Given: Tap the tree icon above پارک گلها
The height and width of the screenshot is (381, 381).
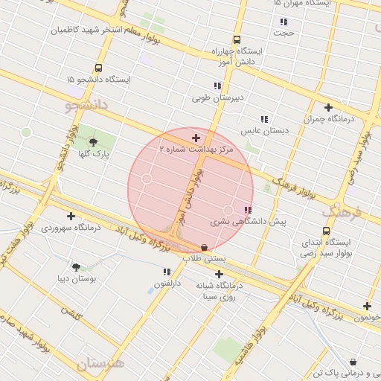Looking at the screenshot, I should [93, 142].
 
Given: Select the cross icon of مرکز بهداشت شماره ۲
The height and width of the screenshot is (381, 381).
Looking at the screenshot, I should [196, 138].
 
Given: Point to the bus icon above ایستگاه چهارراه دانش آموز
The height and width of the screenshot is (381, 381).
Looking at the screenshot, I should [237, 40].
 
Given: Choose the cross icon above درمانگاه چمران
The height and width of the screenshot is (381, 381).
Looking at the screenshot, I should [327, 107].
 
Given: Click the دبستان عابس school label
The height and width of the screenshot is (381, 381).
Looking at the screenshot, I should [263, 131].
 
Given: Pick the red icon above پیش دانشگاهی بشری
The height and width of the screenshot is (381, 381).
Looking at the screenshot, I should [247, 210].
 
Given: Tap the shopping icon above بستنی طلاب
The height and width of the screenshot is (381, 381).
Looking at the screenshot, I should [205, 247].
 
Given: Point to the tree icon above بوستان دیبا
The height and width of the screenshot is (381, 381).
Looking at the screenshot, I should [76, 266].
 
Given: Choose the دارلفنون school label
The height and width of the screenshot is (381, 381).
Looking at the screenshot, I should [167, 284].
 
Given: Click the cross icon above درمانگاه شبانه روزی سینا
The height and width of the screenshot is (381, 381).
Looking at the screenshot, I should [219, 275].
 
